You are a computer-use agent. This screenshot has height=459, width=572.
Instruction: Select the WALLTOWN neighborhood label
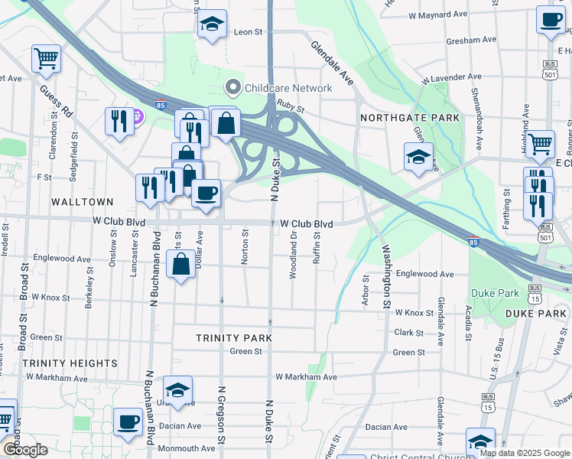82,202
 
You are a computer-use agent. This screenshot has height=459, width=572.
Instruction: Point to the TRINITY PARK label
234,337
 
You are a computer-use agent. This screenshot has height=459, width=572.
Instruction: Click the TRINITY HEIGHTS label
70,363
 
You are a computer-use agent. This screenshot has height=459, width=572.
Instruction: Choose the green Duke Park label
495,293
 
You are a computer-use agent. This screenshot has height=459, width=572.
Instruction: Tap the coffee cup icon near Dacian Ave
128,421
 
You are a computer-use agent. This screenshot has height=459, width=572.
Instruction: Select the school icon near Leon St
213,24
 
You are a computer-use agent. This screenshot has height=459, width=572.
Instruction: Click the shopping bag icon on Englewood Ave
180,265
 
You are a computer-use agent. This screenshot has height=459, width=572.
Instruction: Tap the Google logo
25,450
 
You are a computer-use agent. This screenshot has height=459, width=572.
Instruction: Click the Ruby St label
291,108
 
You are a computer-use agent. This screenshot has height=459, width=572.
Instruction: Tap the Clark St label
409,333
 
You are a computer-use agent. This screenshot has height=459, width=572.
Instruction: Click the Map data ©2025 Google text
524,453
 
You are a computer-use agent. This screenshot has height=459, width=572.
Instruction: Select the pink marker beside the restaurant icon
138,117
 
